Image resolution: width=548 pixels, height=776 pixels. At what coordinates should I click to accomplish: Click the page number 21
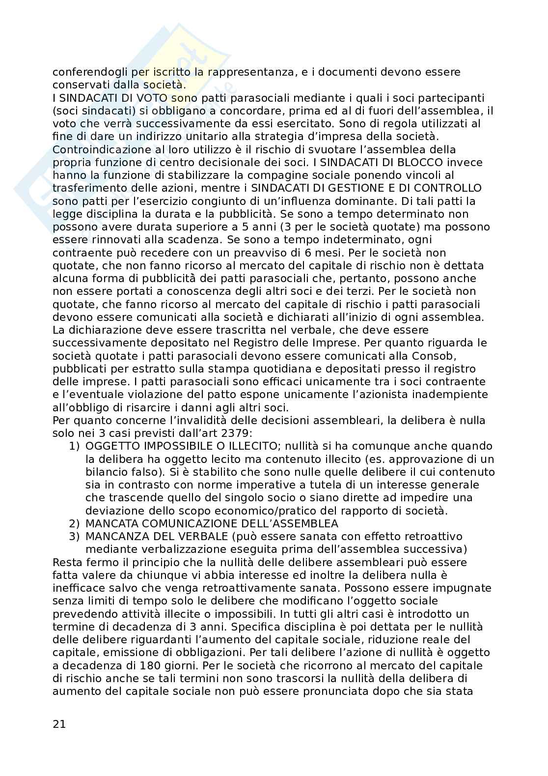(x=59, y=724)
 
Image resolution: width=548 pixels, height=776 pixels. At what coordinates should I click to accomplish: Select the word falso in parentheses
(x=137, y=472)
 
